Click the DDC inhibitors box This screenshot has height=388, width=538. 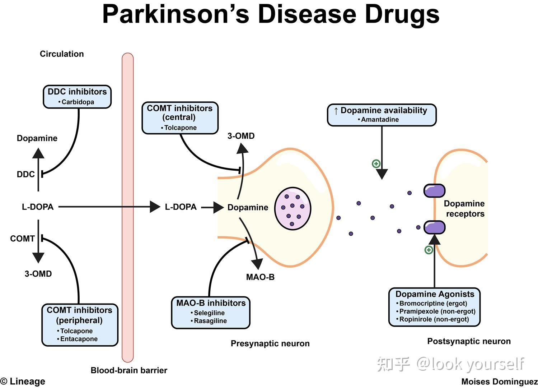[77, 97]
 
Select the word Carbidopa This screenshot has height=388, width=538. [78, 102]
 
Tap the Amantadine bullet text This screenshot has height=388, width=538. [380, 120]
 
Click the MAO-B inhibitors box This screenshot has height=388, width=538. [211, 313]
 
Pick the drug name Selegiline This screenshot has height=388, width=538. [209, 313]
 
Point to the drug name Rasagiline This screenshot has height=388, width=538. [210, 321]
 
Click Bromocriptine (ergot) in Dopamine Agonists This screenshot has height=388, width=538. [433, 303]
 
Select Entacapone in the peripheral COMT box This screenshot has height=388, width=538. [79, 339]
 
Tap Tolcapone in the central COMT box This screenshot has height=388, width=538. [181, 128]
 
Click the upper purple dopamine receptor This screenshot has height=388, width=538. [434, 191]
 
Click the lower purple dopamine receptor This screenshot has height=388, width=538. [434, 227]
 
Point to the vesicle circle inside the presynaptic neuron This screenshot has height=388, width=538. [293, 208]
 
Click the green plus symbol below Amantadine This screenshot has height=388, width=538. [376, 164]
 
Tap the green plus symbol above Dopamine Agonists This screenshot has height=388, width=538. [429, 250]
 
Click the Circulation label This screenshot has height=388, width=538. [62, 54]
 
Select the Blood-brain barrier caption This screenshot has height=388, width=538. [129, 370]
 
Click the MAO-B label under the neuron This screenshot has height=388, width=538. [260, 277]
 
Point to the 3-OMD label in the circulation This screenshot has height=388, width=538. [38, 274]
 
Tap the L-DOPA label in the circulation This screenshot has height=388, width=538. [38, 207]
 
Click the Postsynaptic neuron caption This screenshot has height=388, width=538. [469, 341]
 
